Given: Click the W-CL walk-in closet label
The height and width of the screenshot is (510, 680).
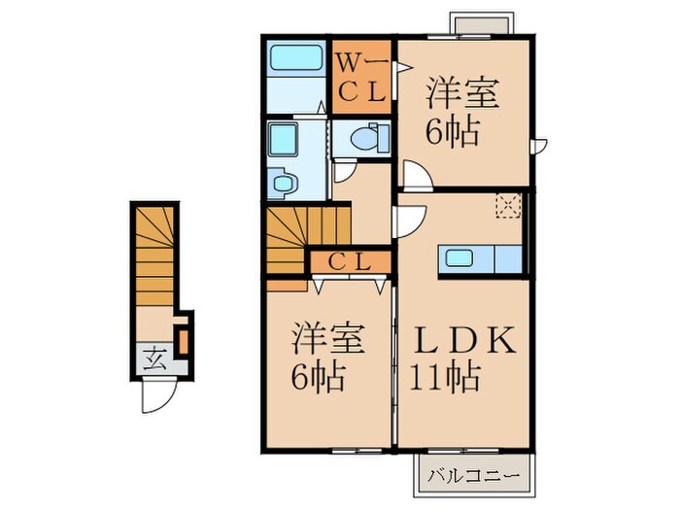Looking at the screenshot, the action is coord(361,78).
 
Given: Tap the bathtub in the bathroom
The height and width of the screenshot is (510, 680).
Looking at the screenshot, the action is coord(296,57).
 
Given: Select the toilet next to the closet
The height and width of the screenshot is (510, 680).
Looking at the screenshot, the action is coord(369,138).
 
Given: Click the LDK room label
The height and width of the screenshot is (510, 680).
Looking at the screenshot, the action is coord(463,340).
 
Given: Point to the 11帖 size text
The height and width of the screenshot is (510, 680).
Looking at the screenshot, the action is coord(445,377).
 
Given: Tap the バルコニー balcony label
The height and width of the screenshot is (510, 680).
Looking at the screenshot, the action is coord(473,476).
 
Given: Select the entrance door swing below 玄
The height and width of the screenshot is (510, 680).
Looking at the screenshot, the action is coord(159,396).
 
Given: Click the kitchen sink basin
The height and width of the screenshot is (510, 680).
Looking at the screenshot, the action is coord(459,259).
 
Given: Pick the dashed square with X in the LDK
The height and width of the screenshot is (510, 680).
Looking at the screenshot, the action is coord(508,206).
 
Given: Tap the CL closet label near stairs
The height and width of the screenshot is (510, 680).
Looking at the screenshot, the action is coord(349,261).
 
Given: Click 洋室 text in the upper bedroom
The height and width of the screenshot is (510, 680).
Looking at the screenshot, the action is coord(462,92).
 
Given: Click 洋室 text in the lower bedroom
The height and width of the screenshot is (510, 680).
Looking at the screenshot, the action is coord(328,337).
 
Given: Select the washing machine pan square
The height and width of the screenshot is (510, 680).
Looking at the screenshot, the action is coord(284,139).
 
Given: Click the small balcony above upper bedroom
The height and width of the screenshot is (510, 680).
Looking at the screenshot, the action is coord(482,24).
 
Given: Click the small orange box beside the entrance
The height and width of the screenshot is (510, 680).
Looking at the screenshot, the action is coord(184,342).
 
